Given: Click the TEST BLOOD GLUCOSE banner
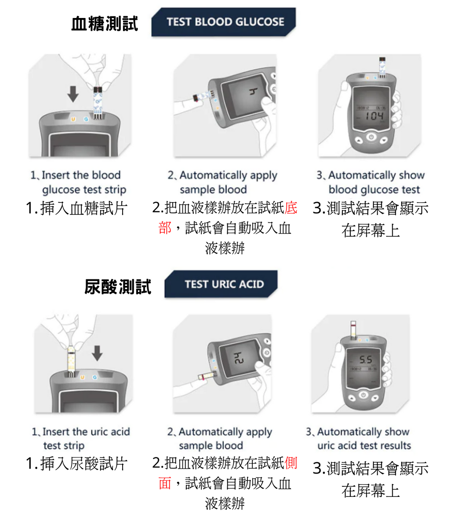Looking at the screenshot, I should click(225, 22).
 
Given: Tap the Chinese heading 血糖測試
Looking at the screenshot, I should click(105, 23).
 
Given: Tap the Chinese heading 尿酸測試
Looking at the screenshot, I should click(117, 286).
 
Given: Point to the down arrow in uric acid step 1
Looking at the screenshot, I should click(97, 353).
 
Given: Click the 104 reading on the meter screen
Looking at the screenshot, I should click(374, 116).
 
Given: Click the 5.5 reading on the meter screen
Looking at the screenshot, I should click(366, 360).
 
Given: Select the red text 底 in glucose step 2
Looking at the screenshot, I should click(291, 207).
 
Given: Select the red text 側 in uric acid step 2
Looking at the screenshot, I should click(291, 463).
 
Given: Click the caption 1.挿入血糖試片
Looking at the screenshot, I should click(76, 208).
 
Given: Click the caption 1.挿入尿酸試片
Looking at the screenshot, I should click(76, 463).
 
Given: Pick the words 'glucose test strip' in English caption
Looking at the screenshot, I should click(84, 190).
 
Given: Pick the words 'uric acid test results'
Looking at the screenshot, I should click(364, 445).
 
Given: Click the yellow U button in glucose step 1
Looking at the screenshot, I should click(73, 119).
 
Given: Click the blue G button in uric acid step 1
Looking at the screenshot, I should click(94, 377).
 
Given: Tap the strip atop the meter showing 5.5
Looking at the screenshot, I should click(353, 330).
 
